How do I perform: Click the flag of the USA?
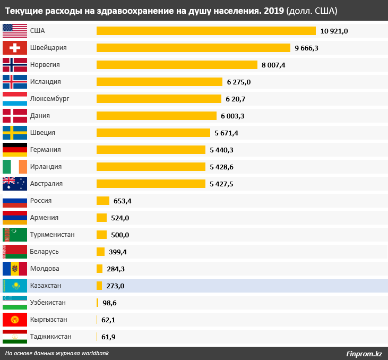pyautogui.click(x=15, y=31)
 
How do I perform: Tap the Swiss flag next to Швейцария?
pyautogui.click(x=15, y=48)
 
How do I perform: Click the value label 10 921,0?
pyautogui.click(x=334, y=31)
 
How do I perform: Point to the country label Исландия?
pyautogui.click(x=46, y=82)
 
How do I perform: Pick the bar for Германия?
pyautogui.click(x=151, y=150)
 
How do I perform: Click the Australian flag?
pyautogui.click(x=15, y=184)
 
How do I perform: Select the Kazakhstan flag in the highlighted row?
pyautogui.click(x=15, y=286)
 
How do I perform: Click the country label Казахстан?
pyautogui.click(x=46, y=286)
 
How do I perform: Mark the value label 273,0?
pyautogui.click(x=115, y=286)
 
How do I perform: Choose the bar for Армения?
pyautogui.click(x=101, y=218)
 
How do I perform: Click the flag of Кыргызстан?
pyautogui.click(x=15, y=320)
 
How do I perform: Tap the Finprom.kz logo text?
pyautogui.click(x=364, y=354)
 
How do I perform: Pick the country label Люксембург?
pyautogui.click(x=50, y=99)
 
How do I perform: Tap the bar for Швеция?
pyautogui.click(x=153, y=133)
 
